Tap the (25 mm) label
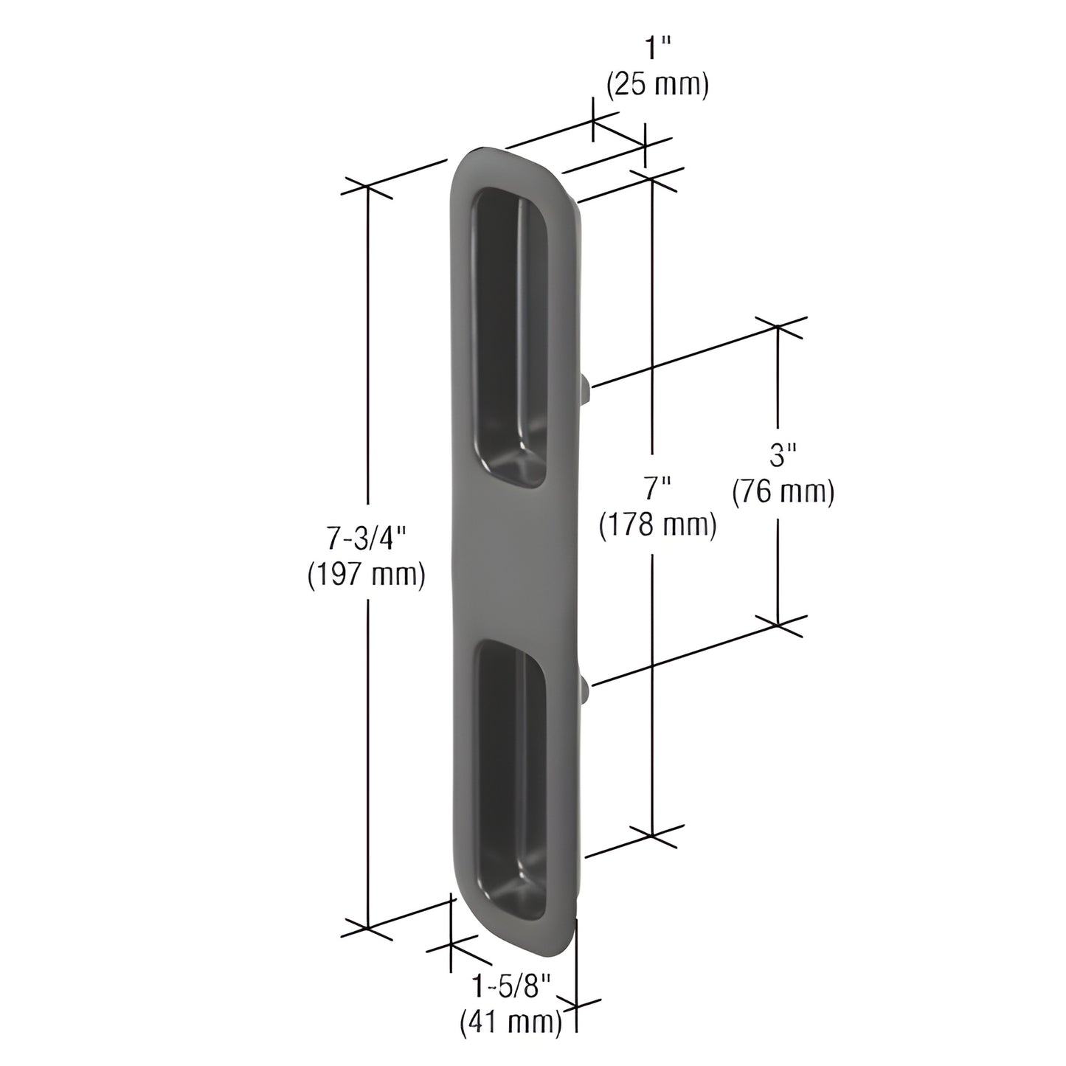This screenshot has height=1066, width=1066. tap(657, 85)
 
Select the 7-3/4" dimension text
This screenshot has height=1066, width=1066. tap(367, 541)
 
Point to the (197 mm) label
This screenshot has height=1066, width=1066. tap(367, 575)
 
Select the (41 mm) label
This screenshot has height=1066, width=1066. tap(510, 1022)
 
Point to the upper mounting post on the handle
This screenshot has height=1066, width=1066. tap(586, 388)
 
